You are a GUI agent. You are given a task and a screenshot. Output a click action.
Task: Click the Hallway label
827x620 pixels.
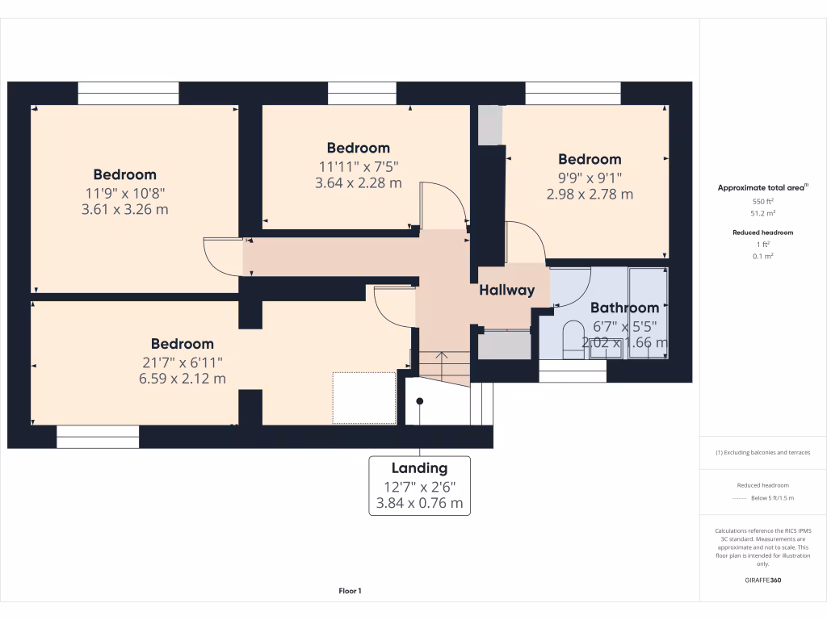coord(506,291)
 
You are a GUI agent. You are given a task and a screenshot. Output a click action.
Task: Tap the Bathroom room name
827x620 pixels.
coord(624,308)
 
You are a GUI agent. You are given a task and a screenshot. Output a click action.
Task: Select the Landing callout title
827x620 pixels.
coord(419,468)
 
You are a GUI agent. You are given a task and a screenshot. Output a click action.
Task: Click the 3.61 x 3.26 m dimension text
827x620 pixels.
coord(124,210)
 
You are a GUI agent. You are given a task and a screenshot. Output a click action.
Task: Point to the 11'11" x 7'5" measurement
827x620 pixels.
coord(358,166)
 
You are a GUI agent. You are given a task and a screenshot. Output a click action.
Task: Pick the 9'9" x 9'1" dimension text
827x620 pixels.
coord(590,178)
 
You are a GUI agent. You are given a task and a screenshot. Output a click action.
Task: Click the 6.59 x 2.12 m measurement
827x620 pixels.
coord(182,378)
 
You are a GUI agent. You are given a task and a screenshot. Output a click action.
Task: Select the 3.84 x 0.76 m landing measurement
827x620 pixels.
coord(419,503)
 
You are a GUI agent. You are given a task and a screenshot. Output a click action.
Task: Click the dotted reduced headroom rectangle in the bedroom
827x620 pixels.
coord(364,397)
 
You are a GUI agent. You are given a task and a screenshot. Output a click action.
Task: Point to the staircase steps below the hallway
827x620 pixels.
coord(443,367)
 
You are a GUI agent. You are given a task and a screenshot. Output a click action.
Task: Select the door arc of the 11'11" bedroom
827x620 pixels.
coord(443,206)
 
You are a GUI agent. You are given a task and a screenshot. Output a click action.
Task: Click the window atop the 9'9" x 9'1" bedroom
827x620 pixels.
coord(573,92)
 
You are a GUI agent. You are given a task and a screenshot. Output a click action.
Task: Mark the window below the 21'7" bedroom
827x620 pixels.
coord(98,437)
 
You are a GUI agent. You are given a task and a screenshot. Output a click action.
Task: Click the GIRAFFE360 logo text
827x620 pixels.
coord(763,580)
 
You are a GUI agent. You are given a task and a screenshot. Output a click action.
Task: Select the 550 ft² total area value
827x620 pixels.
coord(763,201)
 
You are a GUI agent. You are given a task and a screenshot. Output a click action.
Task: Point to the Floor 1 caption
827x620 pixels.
coord(350,592)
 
